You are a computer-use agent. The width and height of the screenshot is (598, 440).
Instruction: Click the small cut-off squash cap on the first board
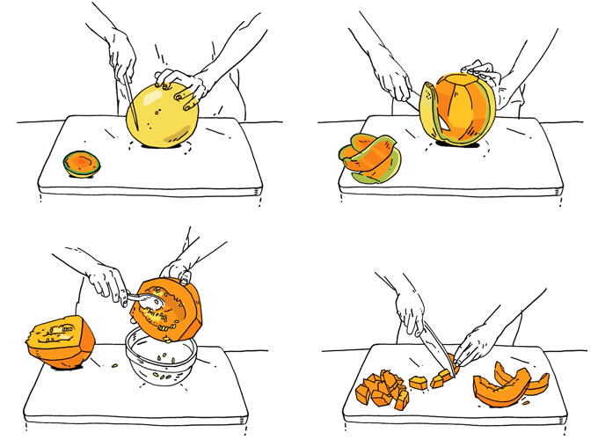pyautogui.click(x=81, y=163)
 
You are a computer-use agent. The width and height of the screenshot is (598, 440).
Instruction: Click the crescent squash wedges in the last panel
pyautogui.click(x=510, y=382)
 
